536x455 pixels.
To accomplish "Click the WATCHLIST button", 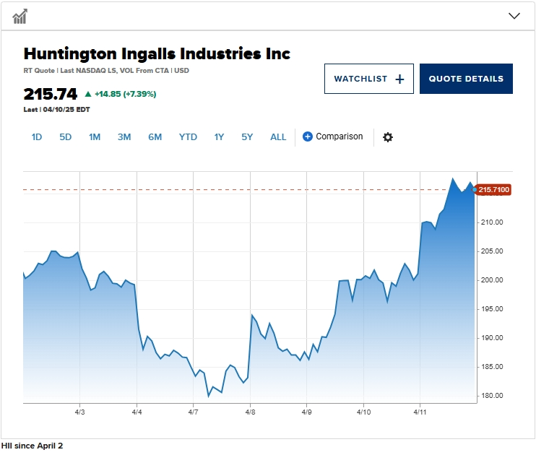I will pyautogui.click(x=368, y=79).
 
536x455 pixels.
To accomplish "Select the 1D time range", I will pyautogui.click(x=37, y=136).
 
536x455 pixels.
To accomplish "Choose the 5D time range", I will pyautogui.click(x=66, y=136).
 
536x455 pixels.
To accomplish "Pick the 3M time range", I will pyautogui.click(x=124, y=136).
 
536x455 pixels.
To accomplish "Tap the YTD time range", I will pyautogui.click(x=188, y=136).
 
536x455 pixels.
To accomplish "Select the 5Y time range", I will pyautogui.click(x=248, y=136).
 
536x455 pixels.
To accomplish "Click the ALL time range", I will pyautogui.click(x=278, y=136).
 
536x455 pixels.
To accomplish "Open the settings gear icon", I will pyautogui.click(x=388, y=137).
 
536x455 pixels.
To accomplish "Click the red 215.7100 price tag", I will pyautogui.click(x=494, y=190).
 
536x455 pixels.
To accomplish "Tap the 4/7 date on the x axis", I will pyautogui.click(x=193, y=412).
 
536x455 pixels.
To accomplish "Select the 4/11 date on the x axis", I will pyautogui.click(x=420, y=412).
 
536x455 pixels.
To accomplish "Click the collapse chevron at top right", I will pyautogui.click(x=514, y=16).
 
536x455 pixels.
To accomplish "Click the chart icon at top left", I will pyautogui.click(x=20, y=16).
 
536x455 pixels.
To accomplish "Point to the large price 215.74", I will pyautogui.click(x=50, y=94).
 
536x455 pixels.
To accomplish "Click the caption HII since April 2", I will pyautogui.click(x=33, y=446).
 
